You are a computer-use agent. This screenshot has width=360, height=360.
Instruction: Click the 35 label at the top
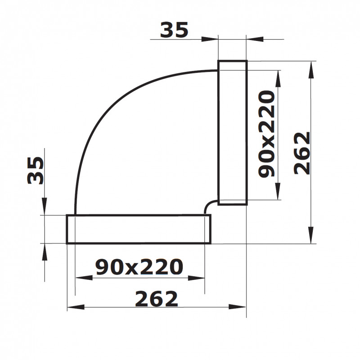tap(174, 30)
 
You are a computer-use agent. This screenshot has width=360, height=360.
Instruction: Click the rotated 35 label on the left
tap(36, 171)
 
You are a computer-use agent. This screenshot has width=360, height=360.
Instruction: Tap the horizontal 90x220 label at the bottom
tap(139, 267)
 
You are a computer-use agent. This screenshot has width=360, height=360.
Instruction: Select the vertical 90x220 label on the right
tap(266, 134)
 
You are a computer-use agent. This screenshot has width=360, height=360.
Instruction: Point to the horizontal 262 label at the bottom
tap(157, 299)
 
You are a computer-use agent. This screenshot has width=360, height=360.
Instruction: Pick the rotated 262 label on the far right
tap(302, 153)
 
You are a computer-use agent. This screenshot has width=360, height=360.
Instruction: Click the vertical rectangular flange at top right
tap(232, 132)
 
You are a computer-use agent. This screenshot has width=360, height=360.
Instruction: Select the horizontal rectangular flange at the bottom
tap(139, 229)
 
